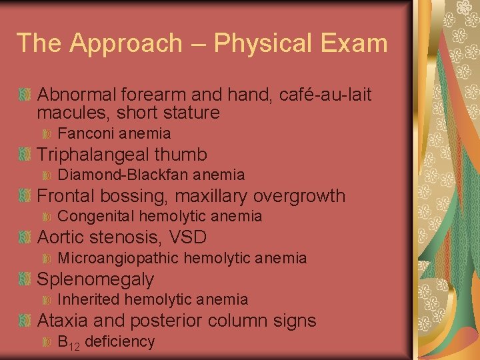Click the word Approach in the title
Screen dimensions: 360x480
(x=126, y=43)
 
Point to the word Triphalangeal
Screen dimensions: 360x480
(x=93, y=155)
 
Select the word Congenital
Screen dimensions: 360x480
(x=96, y=216)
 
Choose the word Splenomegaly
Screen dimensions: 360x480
(x=95, y=279)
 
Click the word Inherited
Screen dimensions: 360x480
(x=89, y=299)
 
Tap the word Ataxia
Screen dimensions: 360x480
(x=64, y=321)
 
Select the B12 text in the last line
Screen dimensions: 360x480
(x=69, y=343)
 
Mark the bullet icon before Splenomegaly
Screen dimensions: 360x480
(x=25, y=279)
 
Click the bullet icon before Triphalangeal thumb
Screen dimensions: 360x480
(x=25, y=155)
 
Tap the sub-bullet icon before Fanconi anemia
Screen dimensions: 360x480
(x=47, y=133)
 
